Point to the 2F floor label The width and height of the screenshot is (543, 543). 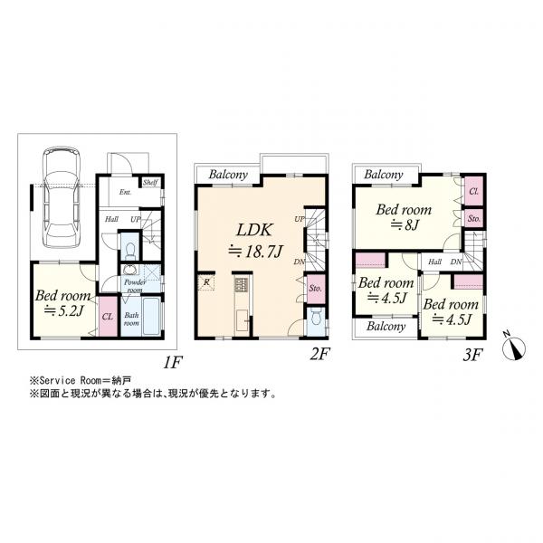click(318, 355)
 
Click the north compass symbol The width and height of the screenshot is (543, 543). click(514, 344)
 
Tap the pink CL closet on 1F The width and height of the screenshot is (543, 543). click(107, 316)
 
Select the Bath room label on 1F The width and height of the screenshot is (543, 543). click(130, 319)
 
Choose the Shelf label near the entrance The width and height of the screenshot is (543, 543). click(149, 183)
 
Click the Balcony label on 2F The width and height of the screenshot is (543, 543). click(228, 175)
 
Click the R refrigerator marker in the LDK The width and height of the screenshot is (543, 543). click(207, 283)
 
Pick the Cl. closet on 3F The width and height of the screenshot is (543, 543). click(473, 191)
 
